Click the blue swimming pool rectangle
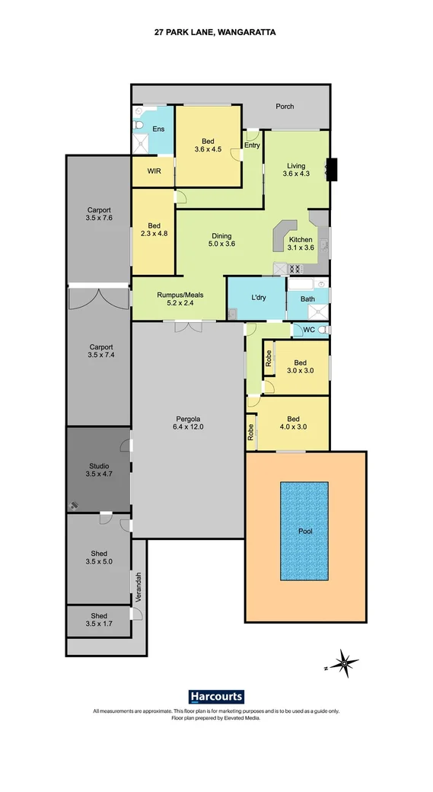304,530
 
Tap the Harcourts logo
216,696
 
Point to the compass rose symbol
344,665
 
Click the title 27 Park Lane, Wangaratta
216,34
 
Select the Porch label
285,107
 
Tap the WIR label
153,172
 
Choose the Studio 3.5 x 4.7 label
99,471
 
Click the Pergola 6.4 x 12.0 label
187,423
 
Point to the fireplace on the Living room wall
331,169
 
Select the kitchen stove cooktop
295,268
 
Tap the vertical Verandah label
138,587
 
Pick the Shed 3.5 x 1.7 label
99,620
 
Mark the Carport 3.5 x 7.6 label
99,214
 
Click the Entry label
252,145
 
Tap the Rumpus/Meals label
180,299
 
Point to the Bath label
307,299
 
